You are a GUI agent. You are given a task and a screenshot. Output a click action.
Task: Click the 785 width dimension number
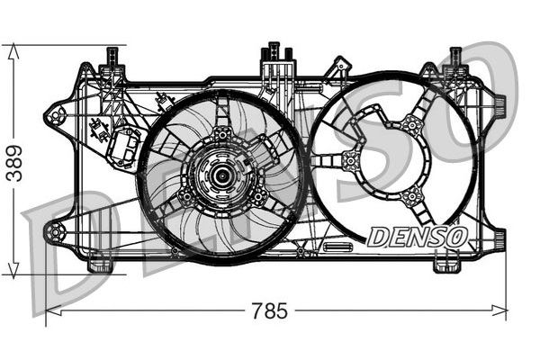coord(269,311)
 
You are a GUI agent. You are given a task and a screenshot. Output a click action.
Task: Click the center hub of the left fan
coord(221,175)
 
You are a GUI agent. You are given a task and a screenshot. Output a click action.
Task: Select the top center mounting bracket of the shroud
coord(274,63)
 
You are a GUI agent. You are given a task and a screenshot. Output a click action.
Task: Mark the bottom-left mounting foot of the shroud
coord(100,265)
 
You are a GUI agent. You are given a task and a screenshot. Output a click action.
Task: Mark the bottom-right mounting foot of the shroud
coord(445,265)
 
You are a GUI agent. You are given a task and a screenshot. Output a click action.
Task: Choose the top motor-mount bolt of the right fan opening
coord(411,125)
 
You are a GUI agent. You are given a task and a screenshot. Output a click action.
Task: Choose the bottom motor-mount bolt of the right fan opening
coord(412,196)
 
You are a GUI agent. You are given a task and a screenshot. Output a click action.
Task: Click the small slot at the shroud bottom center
coord(337,246)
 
